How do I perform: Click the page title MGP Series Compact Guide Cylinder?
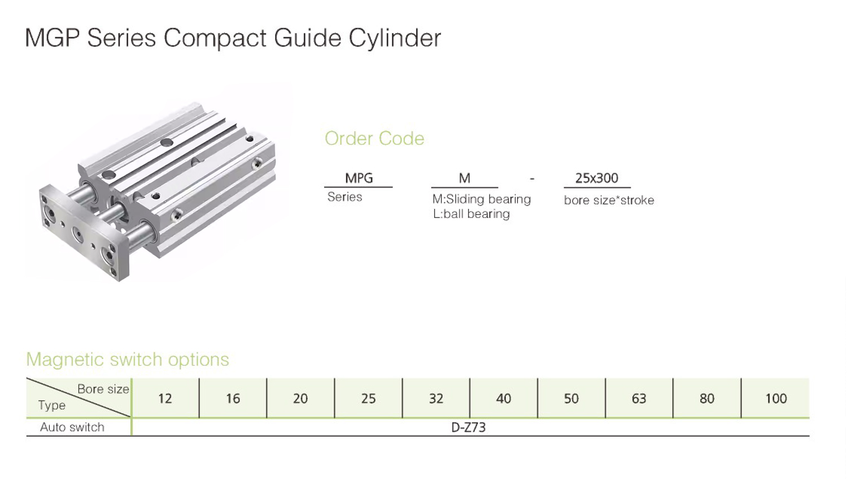tap(233, 38)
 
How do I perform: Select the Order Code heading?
tap(374, 138)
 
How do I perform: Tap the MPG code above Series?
tap(359, 178)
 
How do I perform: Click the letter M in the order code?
tap(464, 178)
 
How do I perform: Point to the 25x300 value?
tap(596, 178)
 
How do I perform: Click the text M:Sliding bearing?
tap(481, 199)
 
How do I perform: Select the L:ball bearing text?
tap(471, 214)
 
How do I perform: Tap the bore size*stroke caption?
tap(609, 200)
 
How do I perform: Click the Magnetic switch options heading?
tap(128, 359)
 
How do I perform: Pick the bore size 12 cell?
tap(165, 399)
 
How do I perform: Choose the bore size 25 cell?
tap(368, 399)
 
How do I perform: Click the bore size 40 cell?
tap(503, 399)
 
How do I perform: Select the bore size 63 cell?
tap(639, 399)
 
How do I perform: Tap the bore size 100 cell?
tap(776, 399)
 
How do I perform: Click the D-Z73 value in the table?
tap(468, 427)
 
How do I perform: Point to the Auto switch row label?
tap(72, 427)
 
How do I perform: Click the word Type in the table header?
tap(52, 406)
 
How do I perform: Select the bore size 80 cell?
tap(706, 399)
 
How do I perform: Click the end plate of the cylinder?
tap(79, 232)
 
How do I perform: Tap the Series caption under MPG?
tap(344, 197)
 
